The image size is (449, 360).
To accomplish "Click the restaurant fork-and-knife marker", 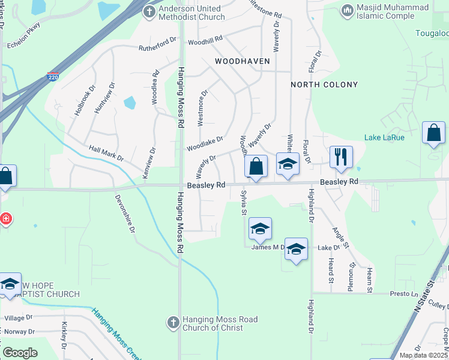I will click(x=341, y=157).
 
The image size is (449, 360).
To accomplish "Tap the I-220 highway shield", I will click(x=53, y=77).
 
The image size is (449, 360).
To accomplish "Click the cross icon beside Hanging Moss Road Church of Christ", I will click(x=173, y=323).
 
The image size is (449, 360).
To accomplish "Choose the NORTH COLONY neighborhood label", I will click(x=324, y=85).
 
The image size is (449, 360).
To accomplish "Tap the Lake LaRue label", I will click(x=384, y=137).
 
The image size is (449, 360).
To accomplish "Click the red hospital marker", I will click(x=6, y=218).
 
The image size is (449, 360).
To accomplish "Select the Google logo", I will click(x=19, y=353).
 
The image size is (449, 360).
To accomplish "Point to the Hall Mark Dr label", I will click(x=106, y=154).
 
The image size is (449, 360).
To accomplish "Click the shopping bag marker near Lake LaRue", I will click(x=433, y=133).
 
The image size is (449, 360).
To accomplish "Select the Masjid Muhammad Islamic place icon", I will click(x=347, y=10).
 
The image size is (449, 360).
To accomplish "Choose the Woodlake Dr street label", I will click(x=204, y=143).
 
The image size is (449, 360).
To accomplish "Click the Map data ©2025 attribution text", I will click(x=424, y=355).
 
